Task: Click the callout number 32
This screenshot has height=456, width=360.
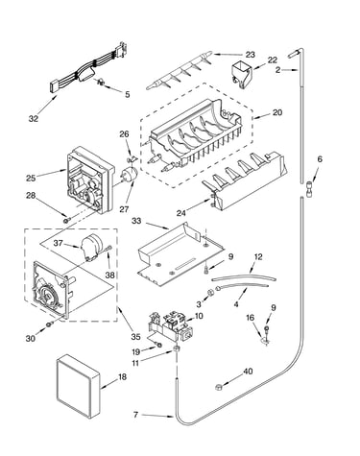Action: (34, 119)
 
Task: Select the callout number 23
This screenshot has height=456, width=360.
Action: (251, 55)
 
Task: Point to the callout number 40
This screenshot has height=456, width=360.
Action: (248, 372)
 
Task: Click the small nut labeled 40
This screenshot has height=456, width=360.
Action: (219, 387)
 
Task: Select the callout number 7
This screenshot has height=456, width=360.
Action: (135, 415)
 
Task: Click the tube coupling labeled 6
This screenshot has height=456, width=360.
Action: (309, 186)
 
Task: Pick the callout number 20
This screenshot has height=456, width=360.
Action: (277, 112)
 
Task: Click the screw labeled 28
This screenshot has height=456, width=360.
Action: (66, 220)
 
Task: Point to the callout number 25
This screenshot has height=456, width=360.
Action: (31, 178)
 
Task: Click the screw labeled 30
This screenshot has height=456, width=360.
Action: (49, 324)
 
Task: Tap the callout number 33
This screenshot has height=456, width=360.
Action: (136, 221)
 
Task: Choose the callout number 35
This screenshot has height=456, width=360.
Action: (135, 337)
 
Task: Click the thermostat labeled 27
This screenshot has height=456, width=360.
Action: (129, 175)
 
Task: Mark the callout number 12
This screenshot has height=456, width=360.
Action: (258, 256)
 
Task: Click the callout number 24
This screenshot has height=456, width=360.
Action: (181, 213)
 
